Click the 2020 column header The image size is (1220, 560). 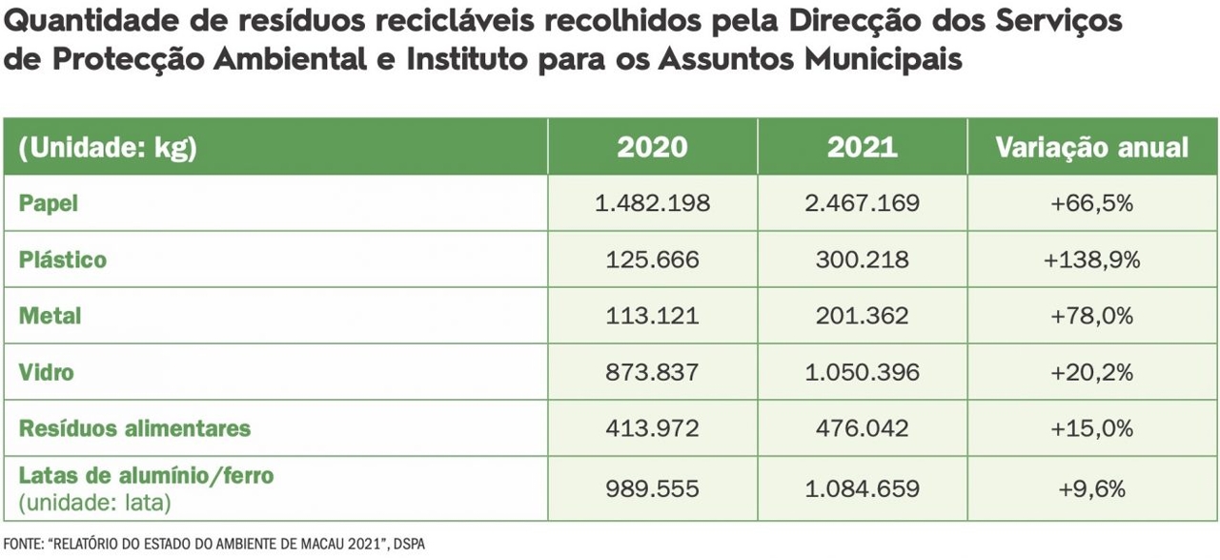(x=652, y=147)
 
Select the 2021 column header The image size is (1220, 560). (x=862, y=147)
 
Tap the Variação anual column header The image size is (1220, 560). (x=1092, y=147)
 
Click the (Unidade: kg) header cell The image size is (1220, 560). (x=108, y=148)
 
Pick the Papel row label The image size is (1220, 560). (x=49, y=203)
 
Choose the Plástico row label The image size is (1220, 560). (x=63, y=259)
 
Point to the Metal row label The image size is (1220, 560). (x=51, y=316)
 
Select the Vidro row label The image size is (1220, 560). (x=47, y=371)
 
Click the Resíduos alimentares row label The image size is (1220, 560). (x=134, y=427)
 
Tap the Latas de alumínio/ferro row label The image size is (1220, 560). (x=146, y=475)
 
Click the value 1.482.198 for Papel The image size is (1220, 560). (x=652, y=203)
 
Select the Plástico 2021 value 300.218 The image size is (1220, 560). (x=862, y=259)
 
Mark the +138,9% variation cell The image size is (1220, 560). (x=1092, y=259)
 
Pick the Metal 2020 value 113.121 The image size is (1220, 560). (x=652, y=316)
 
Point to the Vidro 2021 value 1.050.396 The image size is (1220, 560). (x=862, y=371)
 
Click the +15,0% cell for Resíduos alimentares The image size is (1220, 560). (x=1092, y=427)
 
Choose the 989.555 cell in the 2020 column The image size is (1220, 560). (x=652, y=488)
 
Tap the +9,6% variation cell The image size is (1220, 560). (x=1092, y=488)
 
